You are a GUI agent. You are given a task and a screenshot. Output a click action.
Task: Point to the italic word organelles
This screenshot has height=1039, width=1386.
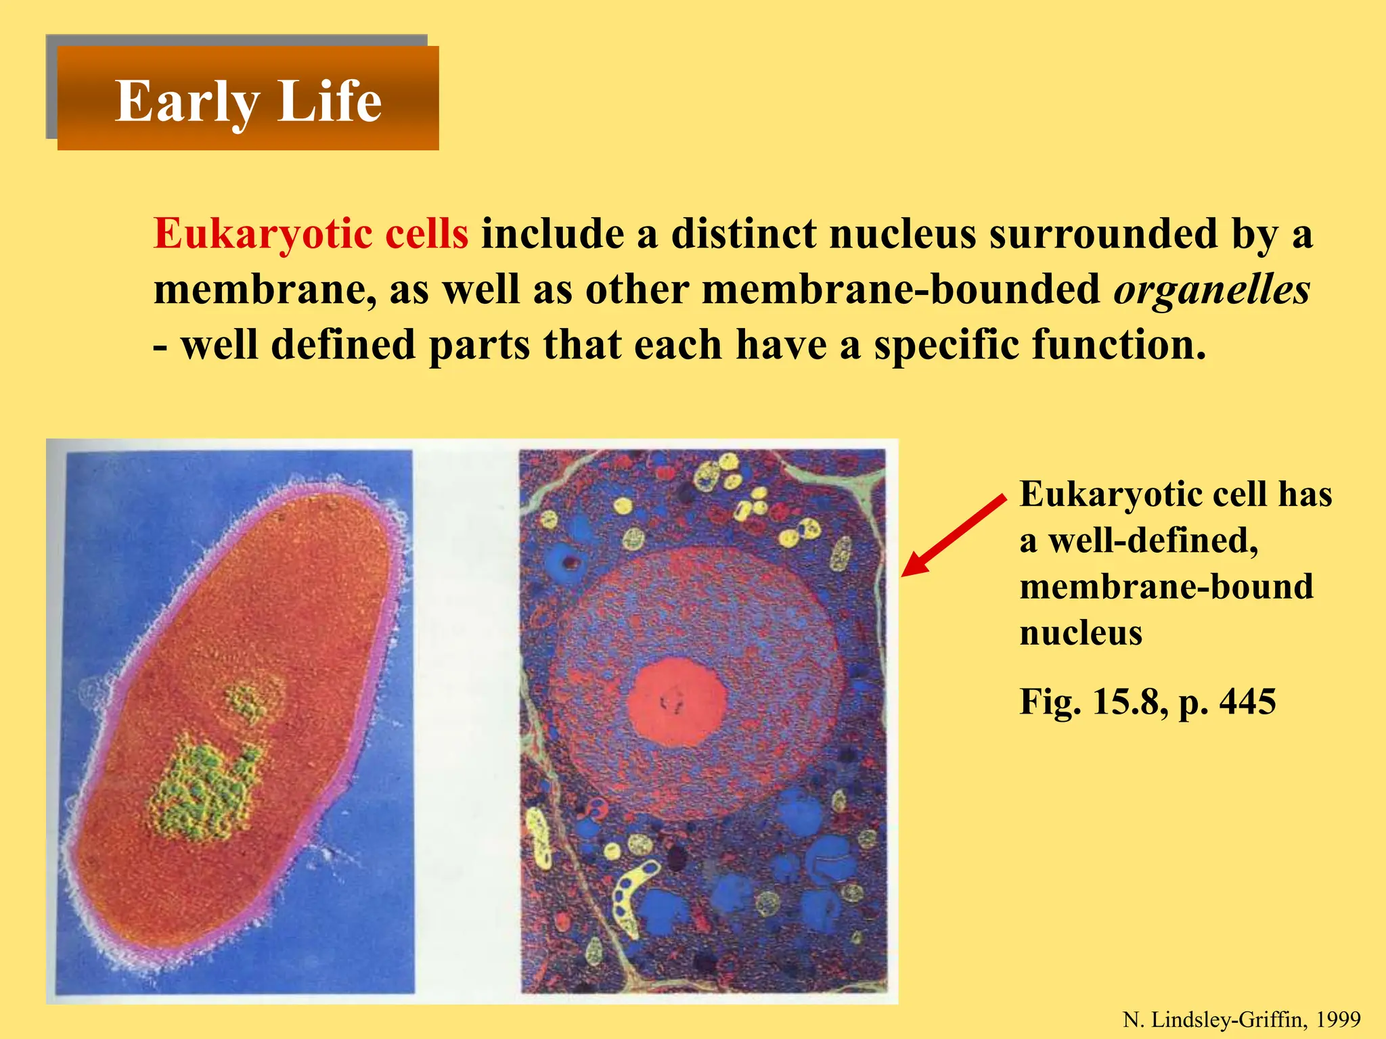pos(1211,290)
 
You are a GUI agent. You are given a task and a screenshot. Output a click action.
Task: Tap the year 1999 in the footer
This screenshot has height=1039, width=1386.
pos(1338,1019)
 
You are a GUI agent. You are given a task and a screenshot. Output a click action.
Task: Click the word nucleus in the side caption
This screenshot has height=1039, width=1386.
pos(1081,633)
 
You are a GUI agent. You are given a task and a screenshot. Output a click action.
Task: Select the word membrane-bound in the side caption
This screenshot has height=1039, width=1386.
pos(1166,586)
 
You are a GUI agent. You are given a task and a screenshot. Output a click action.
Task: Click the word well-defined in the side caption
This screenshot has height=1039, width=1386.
pos(1153,540)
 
